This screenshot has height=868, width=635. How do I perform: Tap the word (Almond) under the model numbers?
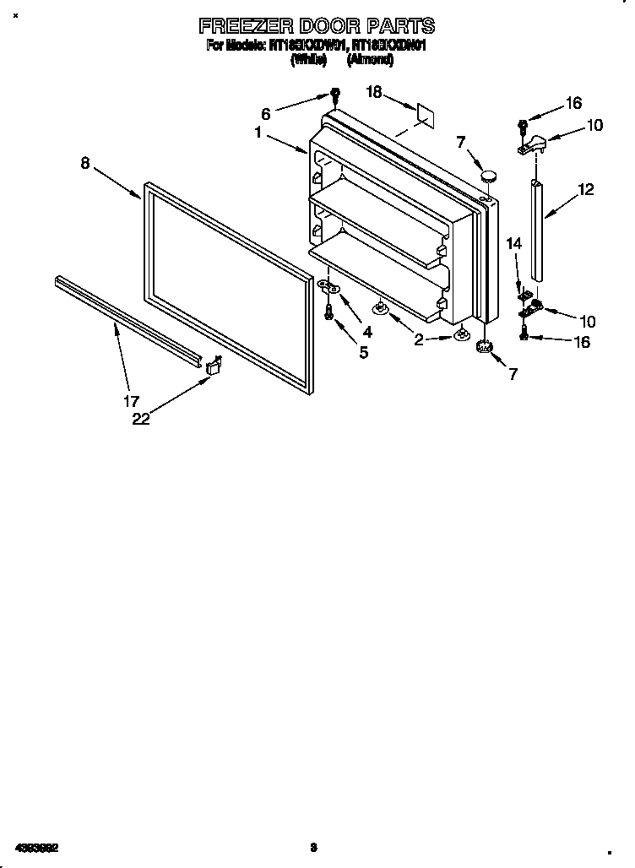point(369,61)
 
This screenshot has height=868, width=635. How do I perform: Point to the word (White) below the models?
point(308,61)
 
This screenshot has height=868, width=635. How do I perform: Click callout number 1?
point(258,133)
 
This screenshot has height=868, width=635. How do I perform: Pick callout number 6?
point(266,114)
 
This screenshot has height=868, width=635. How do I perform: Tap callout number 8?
point(85,164)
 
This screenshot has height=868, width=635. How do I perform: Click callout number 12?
point(586,191)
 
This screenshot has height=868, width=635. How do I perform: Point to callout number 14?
point(514,244)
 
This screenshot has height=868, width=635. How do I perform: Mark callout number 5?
point(363,352)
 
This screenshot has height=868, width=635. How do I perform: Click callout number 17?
point(133,401)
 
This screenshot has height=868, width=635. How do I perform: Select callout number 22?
point(141,419)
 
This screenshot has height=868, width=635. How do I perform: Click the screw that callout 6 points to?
point(335,94)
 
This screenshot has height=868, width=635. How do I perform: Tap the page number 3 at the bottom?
point(313,846)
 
